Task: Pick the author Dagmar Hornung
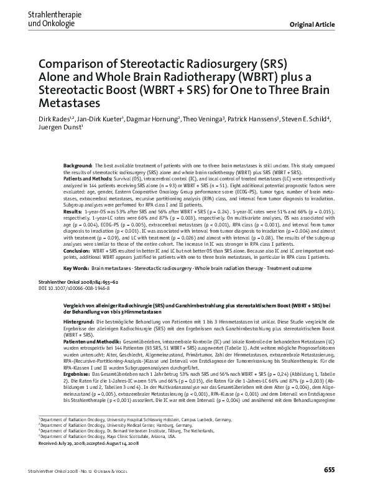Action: click(152, 119)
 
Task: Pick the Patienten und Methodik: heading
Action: click(91, 342)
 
